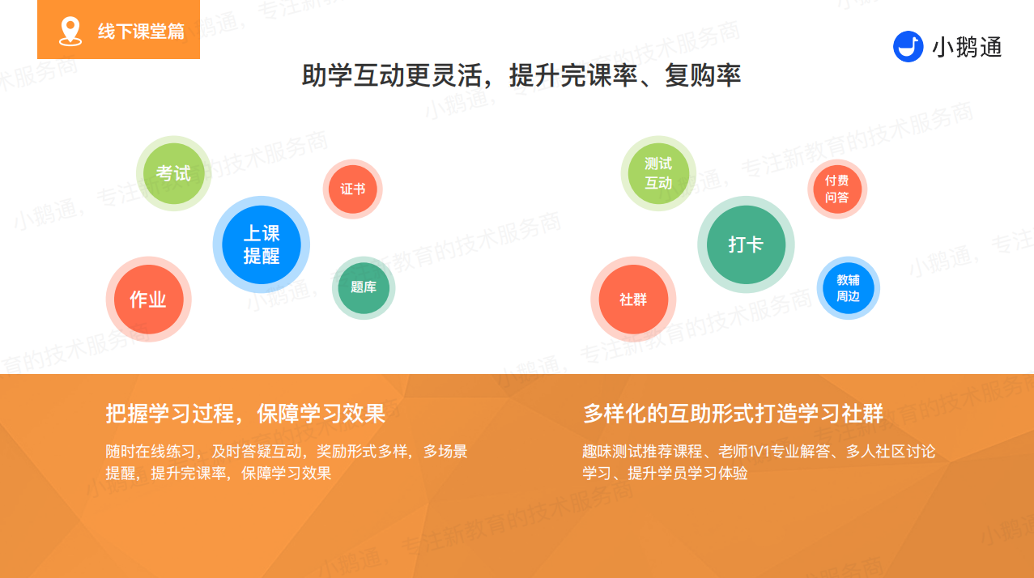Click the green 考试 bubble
tap(173, 173)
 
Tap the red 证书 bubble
tap(353, 189)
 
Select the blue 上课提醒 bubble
tap(262, 244)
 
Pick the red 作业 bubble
tap(149, 300)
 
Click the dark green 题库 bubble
tap(364, 287)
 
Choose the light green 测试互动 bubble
tap(658, 173)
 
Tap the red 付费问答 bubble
tap(837, 189)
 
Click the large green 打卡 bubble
tap(746, 244)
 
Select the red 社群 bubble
tap(633, 300)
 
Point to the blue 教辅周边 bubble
tap(849, 287)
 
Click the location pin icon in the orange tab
tap(70, 32)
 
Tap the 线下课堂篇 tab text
tap(141, 32)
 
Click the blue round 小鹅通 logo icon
tap(908, 46)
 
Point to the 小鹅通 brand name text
tap(967, 47)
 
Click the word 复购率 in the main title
tap(703, 75)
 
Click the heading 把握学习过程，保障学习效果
tap(245, 413)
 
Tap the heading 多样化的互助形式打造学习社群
tap(733, 413)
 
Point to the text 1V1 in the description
tap(758, 451)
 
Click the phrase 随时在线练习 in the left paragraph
tap(150, 451)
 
